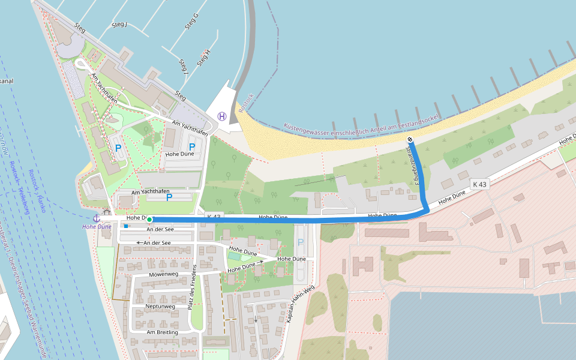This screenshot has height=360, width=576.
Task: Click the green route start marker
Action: click(149, 220)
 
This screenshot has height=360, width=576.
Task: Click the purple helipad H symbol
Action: click(222, 116)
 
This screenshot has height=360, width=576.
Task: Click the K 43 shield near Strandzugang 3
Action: click(479, 184)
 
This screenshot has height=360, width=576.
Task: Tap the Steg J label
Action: click(119, 25)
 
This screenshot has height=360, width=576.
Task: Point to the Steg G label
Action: click(191, 22)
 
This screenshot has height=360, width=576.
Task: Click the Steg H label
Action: click(203, 58)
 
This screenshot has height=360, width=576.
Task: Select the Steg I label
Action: click(183, 66)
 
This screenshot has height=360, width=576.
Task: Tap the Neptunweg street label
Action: click(160, 307)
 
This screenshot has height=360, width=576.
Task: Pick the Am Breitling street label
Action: click(162, 332)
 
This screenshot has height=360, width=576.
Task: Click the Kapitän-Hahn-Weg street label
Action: click(299, 305)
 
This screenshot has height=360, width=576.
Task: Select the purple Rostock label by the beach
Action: click(247, 103)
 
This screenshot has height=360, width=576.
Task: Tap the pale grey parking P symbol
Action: click(300, 242)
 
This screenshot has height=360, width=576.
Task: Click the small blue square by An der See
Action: click(126, 226)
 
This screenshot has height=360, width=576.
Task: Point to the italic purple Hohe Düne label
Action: click(97, 227)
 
